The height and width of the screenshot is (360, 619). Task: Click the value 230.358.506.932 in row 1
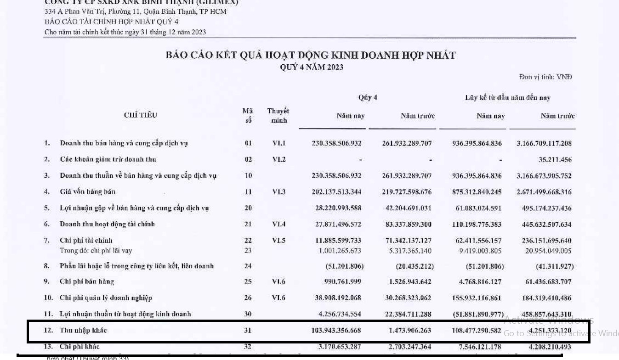pos(336,143)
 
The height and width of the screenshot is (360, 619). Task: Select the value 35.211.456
pos(555,160)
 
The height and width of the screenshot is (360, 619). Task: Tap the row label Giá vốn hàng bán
pos(87,192)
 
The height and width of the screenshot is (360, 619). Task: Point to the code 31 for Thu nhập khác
pos(248,330)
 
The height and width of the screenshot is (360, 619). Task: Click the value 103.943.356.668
pos(336,330)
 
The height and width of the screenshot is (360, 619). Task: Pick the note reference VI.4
pos(278,225)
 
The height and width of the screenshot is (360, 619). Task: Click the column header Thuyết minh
pos(278,116)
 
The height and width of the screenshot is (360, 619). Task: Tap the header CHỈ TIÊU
pos(140,115)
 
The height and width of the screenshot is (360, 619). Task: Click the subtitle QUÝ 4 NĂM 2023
pos(311,67)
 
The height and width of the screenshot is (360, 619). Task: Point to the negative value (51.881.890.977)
pos(478,314)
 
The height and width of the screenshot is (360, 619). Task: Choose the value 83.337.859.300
pos(407,225)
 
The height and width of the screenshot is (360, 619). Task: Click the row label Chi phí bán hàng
pos(86,282)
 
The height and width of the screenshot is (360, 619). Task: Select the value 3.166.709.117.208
pos(544,143)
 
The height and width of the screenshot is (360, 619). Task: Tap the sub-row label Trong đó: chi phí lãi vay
pos(96,251)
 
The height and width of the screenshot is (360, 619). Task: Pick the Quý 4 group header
pos(368,97)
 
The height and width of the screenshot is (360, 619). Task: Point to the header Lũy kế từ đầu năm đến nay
pos(507,97)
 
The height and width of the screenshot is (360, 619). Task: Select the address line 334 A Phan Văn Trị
pos(135,11)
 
